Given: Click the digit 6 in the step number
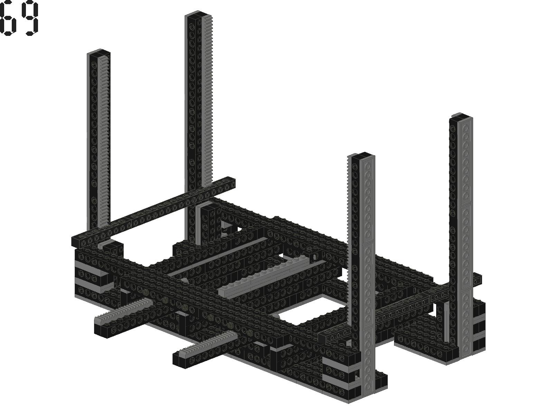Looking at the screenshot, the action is (x=6, y=18).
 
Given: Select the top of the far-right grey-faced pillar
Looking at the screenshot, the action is (x=461, y=116).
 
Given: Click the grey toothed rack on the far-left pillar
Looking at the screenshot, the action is (x=104, y=141).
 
